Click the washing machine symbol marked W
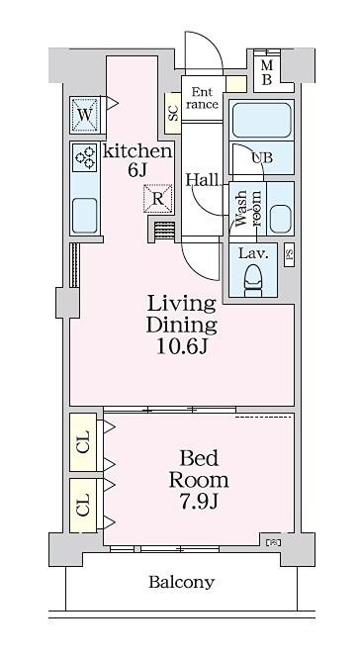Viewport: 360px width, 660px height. pos(85,114)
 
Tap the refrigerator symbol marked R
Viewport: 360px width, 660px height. pos(157,198)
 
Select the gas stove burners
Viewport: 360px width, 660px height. pos(85,157)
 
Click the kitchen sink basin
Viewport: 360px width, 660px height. pos(85,216)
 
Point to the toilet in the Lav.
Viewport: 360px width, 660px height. pos(253,279)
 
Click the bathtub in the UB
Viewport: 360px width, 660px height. pos(261,120)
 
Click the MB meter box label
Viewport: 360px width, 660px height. pos(267,72)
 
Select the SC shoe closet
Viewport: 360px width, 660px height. pos(173,113)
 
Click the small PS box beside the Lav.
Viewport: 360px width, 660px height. pos(290,255)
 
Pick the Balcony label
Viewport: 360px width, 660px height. pos(182,582)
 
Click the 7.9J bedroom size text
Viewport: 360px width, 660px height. pos(199,502)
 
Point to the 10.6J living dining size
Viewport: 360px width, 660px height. pos(182,346)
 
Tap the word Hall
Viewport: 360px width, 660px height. pos(203,180)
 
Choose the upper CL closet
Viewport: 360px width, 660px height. pos(83,442)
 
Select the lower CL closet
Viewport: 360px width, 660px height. pos(83,505)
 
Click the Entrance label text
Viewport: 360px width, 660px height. pos(203,98)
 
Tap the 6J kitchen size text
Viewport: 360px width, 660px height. pos(137,169)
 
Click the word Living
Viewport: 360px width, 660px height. pos(181,305)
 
